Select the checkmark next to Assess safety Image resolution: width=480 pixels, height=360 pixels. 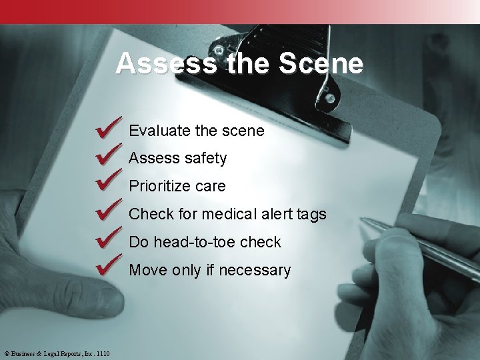click(x=109, y=155)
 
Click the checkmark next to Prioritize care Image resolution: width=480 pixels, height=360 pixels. click(x=109, y=183)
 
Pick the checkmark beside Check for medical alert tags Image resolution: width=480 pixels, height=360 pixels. click(x=109, y=211)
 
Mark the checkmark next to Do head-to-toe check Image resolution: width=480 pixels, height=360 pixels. click(x=109, y=239)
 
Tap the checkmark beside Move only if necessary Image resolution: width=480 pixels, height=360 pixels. click(x=109, y=267)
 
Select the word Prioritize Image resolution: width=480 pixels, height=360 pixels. click(x=161, y=187)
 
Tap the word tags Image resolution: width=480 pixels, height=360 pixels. click(x=311, y=215)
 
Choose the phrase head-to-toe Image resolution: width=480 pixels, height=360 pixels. click(x=193, y=243)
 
